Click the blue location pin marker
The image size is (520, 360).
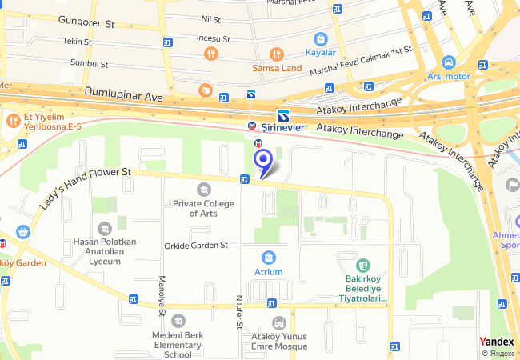pos(262,161)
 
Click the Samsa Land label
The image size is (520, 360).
pos(277,68)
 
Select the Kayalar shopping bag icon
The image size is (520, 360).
pos(321,38)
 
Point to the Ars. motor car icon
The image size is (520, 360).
pos(447,62)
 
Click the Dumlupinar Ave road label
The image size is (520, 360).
pos(123,94)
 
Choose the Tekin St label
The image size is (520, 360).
pos(77,40)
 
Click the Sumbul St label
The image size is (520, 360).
pos(89,62)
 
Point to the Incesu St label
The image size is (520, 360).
pos(213,38)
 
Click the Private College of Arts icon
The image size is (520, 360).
pos(203,190)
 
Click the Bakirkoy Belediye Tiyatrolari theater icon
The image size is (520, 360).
pos(362,265)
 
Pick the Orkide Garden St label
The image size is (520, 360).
pos(196,245)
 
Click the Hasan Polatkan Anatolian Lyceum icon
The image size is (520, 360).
pos(104,229)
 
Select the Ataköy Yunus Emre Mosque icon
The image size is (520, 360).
pos(278,322)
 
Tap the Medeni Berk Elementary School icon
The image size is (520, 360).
pos(178,321)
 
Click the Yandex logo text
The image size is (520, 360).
pos(498,342)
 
